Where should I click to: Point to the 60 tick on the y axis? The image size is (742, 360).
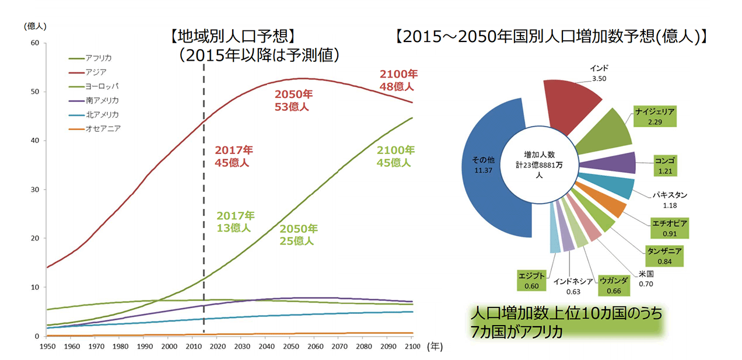click(34, 43)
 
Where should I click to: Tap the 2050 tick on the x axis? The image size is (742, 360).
click(290, 347)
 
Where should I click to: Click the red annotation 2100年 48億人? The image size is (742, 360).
click(398, 81)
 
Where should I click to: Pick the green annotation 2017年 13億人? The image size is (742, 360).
click(235, 221)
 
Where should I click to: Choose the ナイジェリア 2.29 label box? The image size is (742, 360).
click(654, 117)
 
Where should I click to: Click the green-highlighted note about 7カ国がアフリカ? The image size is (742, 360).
click(566, 322)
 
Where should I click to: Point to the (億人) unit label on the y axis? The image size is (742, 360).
click(35, 26)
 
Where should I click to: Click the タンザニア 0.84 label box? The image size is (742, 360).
click(664, 256)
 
